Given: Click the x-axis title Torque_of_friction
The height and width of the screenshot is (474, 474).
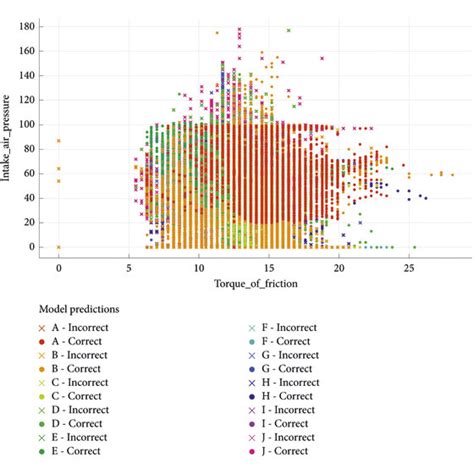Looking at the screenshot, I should pyautogui.click(x=240, y=283).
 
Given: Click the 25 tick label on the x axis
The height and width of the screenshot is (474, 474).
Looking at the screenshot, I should pyautogui.click(x=408, y=268).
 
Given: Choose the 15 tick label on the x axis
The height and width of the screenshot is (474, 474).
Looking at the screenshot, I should pyautogui.click(x=268, y=268).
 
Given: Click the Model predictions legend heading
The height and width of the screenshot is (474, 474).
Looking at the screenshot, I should pyautogui.click(x=77, y=311).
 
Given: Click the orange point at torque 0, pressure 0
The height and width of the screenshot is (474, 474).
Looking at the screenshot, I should pyautogui.click(x=58, y=246).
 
